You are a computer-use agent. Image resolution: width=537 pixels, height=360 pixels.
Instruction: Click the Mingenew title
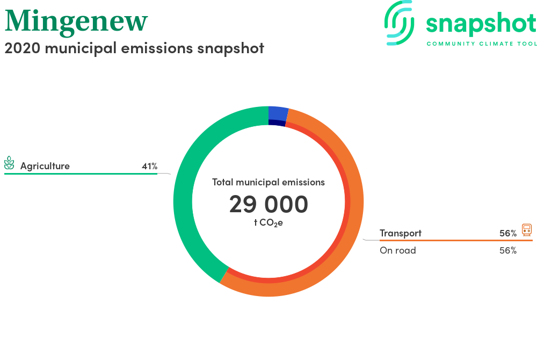tap(76, 22)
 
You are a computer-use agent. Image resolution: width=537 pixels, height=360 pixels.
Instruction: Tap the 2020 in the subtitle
tap(22, 48)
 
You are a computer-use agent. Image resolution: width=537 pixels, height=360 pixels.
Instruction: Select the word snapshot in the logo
tap(481, 24)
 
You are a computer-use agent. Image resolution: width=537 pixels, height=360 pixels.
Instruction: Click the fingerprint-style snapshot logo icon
tap(399, 23)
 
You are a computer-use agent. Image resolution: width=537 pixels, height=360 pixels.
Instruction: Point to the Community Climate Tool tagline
tap(482, 44)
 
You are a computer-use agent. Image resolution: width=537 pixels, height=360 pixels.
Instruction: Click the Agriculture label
tap(45, 166)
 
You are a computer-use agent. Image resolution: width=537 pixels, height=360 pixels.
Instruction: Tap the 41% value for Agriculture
tap(150, 166)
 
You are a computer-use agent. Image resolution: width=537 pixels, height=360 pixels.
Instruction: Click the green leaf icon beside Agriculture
tap(9, 163)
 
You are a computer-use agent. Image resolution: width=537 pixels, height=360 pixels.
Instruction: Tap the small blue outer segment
tap(278, 113)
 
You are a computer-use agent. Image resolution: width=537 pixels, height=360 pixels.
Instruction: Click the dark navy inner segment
tap(277, 123)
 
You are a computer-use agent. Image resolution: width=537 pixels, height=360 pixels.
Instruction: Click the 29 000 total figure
tap(268, 204)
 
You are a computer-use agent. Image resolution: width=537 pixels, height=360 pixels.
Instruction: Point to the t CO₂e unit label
tap(268, 222)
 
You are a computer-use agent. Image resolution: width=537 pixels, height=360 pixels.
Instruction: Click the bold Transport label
tap(401, 233)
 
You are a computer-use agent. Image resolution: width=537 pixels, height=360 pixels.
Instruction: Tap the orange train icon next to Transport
tap(527, 230)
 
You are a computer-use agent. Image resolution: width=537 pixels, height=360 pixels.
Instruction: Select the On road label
tap(397, 250)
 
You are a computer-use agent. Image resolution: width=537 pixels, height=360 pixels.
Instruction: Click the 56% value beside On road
tap(508, 250)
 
